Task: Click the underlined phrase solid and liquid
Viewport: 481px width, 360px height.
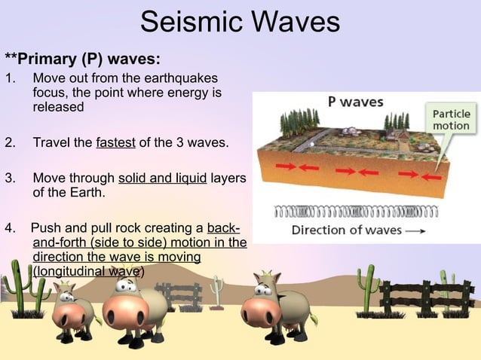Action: [162, 179]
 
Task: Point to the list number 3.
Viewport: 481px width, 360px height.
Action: [10, 179]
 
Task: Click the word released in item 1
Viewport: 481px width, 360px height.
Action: [58, 107]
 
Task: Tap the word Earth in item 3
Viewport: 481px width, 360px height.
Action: [85, 193]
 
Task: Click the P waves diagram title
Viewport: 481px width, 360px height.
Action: [355, 102]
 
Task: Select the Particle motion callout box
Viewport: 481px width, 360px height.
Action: [451, 119]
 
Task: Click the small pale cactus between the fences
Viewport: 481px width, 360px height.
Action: [217, 290]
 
